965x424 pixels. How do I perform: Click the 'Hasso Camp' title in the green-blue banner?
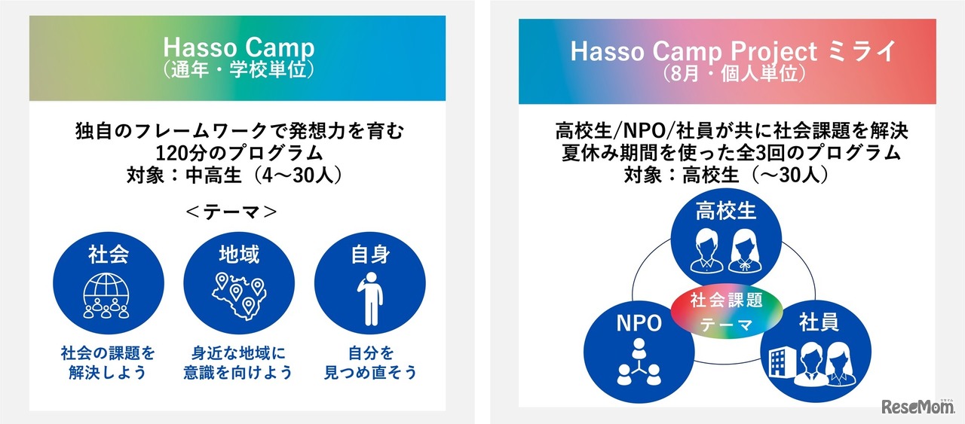[239, 47]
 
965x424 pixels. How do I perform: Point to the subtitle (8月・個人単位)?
[734, 74]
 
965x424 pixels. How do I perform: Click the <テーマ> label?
[231, 212]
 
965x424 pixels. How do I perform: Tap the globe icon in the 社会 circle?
[106, 296]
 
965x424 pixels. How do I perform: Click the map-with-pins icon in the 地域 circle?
[239, 297]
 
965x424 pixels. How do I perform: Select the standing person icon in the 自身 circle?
[370, 298]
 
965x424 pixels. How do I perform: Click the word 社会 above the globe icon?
[108, 255]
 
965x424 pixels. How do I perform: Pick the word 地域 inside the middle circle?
[239, 255]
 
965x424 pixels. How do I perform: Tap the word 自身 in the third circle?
[370, 255]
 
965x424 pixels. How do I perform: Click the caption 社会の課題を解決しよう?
[108, 363]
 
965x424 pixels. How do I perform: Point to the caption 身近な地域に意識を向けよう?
[238, 363]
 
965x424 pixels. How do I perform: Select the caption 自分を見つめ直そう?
[370, 363]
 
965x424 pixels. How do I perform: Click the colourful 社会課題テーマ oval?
[726, 311]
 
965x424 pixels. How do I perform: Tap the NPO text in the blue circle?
[639, 323]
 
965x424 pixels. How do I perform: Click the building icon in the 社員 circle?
[780, 361]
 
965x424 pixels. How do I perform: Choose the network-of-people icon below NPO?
[639, 362]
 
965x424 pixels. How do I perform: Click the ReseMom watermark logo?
[918, 407]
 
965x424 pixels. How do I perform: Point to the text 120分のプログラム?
[239, 153]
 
